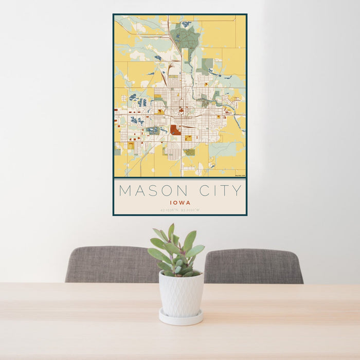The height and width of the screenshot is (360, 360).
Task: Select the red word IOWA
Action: [x=180, y=203]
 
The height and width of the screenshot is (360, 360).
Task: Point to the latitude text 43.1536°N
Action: [x=169, y=210]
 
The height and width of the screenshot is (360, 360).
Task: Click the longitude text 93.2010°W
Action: [x=191, y=210]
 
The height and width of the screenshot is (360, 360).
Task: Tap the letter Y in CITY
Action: [x=237, y=191]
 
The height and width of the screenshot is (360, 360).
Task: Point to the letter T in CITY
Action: [x=224, y=191]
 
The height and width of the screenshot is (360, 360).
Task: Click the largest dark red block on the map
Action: [x=175, y=130]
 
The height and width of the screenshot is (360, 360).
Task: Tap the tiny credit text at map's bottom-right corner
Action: [x=240, y=176]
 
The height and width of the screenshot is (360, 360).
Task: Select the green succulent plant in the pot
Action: [x=175, y=252]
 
